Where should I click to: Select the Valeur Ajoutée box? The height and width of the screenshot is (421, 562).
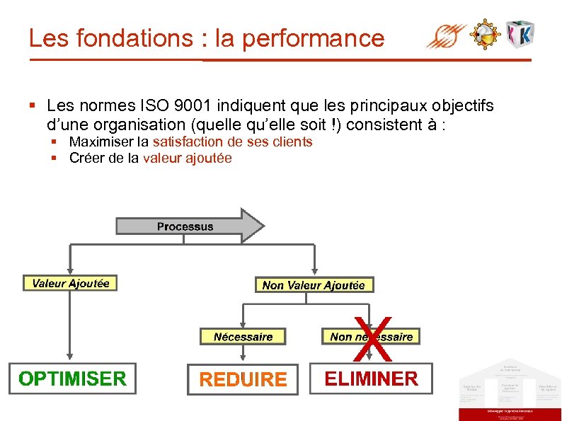[70, 283]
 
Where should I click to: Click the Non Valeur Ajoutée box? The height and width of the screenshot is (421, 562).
[314, 285]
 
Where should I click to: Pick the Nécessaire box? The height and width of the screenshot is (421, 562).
[243, 337]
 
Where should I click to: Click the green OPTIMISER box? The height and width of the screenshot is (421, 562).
[72, 379]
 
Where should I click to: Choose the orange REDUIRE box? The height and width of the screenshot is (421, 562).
[243, 380]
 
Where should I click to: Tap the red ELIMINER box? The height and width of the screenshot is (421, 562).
[371, 379]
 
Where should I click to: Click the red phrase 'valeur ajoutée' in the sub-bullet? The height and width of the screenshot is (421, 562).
[187, 158]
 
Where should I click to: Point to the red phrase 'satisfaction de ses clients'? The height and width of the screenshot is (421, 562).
[232, 142]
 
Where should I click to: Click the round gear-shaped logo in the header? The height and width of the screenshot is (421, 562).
[486, 33]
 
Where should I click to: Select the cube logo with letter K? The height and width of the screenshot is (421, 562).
[520, 33]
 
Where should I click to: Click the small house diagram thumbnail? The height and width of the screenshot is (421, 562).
[509, 389]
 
